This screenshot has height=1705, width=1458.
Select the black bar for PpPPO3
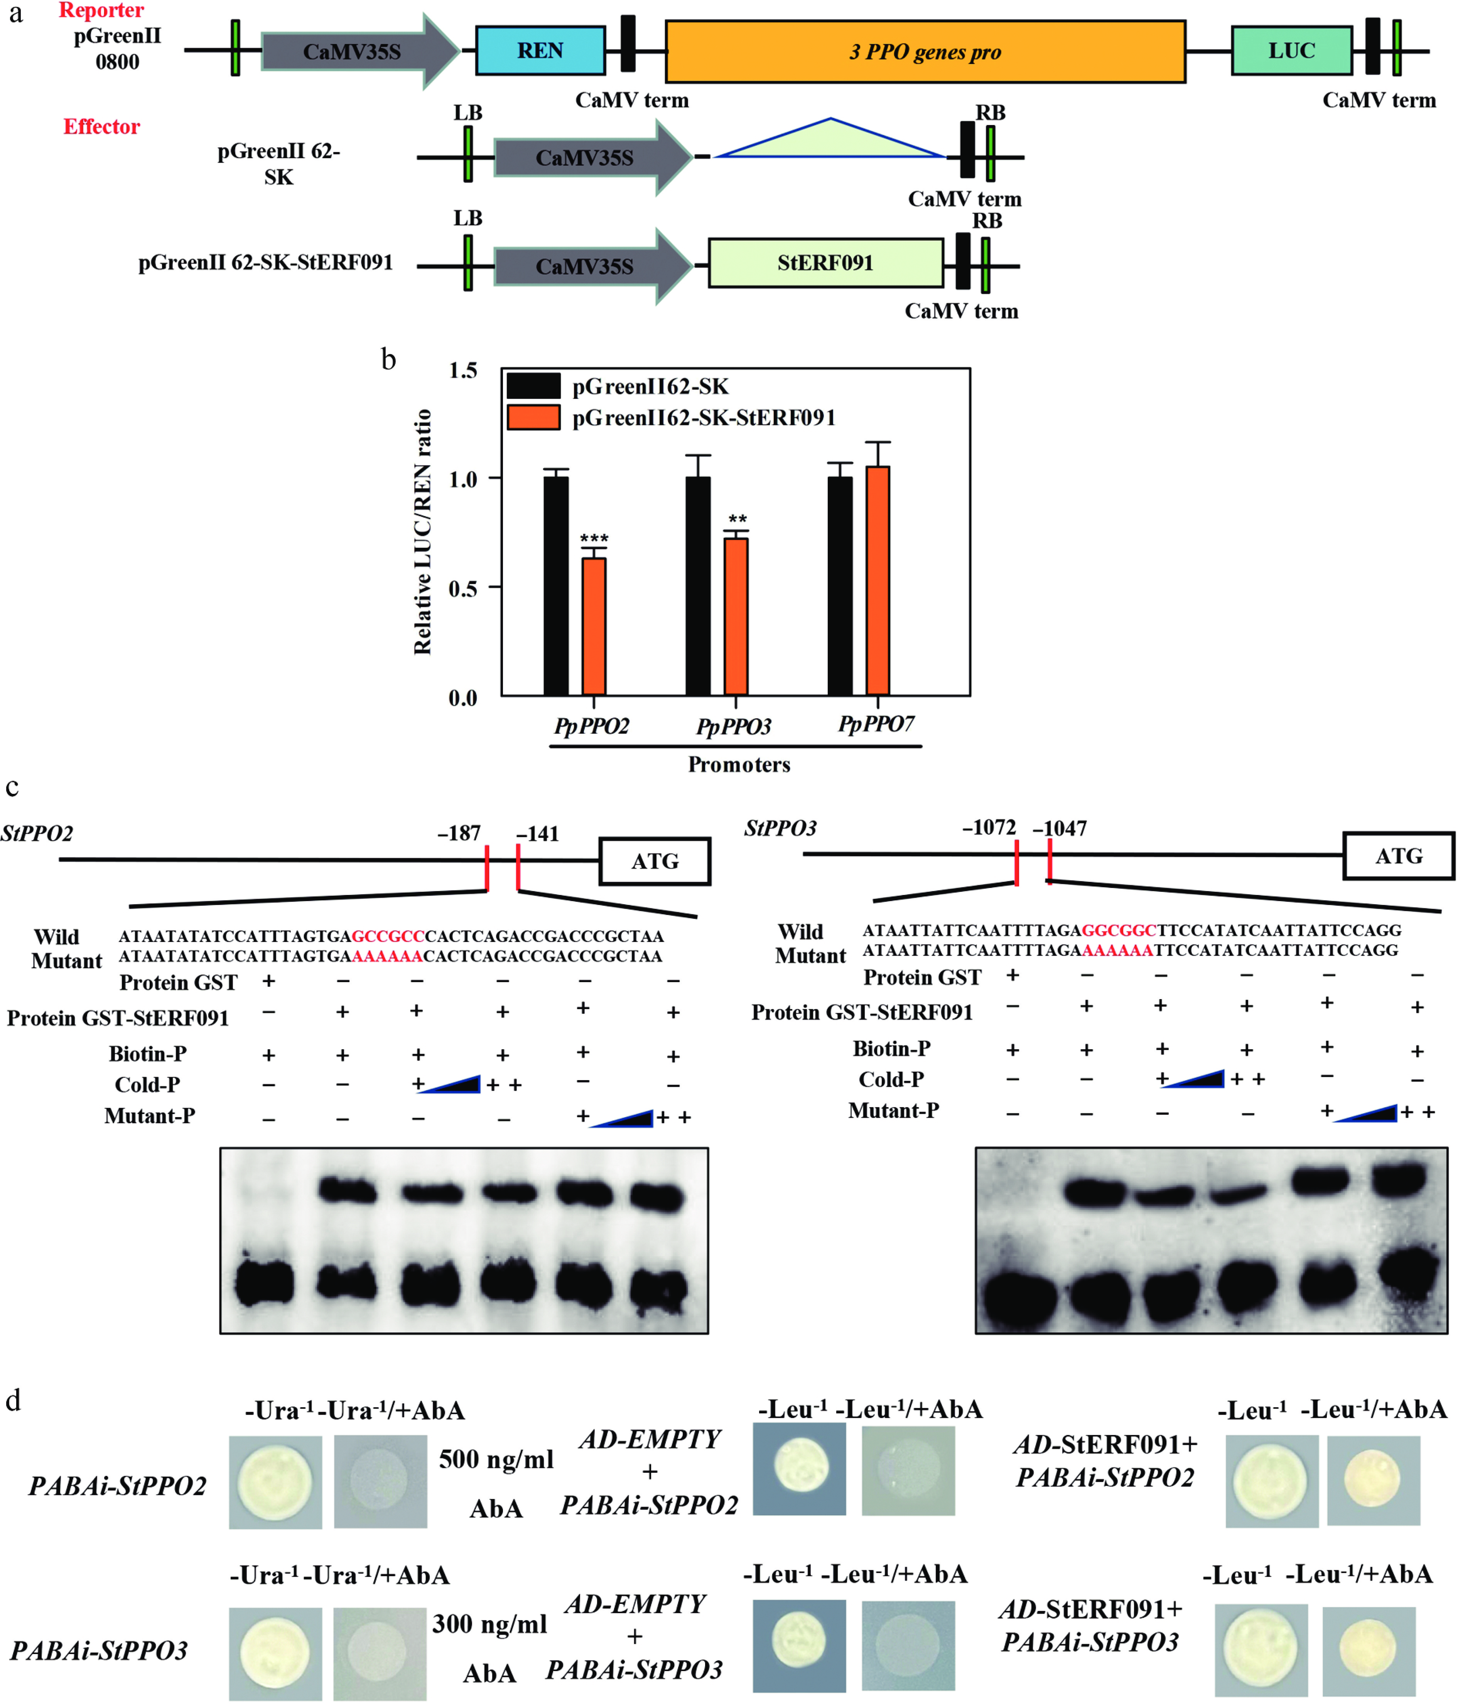pos(698,586)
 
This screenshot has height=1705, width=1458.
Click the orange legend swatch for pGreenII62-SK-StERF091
pos(533,417)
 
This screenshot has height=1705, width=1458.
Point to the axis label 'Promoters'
pos(739,765)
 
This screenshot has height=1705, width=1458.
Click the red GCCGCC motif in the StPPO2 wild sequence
pos(388,937)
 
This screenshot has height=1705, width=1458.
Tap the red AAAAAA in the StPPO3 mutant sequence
pos(1117,950)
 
